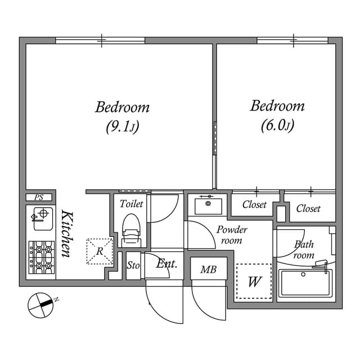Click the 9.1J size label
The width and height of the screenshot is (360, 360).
coord(122,127)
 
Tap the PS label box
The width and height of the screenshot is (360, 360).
coord(39,197)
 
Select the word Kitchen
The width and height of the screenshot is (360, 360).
coord(66,233)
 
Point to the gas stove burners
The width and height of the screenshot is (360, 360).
coord(40,256)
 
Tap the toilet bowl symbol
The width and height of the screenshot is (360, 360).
coord(131,229)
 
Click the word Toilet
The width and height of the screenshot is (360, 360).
coord(131,204)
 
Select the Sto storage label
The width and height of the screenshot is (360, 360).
coord(133,265)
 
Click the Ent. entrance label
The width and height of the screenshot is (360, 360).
coord(167,263)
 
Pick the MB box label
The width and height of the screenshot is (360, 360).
coord(208,269)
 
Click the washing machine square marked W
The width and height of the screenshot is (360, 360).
coord(254,281)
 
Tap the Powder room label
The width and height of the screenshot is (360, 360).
coord(232,235)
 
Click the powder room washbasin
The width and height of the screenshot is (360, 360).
coord(208,205)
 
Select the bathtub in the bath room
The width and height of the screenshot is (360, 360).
coord(305,282)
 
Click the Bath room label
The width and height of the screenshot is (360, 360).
coord(304,249)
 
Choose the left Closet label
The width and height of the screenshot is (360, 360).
coord(254,205)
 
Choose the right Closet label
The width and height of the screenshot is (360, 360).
coord(308,208)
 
